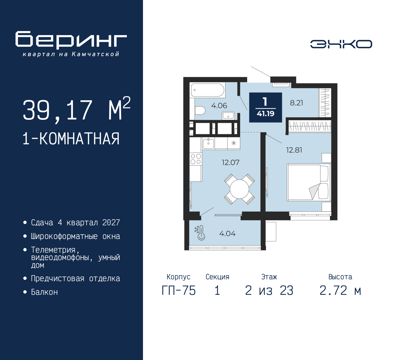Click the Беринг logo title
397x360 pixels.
71,40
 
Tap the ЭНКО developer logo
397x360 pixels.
341,44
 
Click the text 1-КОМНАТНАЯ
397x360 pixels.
71,139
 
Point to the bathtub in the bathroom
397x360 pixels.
207,90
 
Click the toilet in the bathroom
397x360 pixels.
200,110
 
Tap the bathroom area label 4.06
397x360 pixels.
219,106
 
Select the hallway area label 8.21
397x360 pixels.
296,103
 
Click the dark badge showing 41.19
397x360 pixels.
265,107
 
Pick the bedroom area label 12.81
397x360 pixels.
294,150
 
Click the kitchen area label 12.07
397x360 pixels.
230,163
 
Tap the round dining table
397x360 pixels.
239,189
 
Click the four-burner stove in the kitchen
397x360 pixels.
196,159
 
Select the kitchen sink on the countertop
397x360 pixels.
208,143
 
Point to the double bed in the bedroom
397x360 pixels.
308,182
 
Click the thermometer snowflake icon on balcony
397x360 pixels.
200,233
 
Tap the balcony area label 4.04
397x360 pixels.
227,234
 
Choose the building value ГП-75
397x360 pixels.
179,291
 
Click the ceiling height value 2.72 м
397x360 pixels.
340,291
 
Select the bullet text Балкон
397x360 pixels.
44,292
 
